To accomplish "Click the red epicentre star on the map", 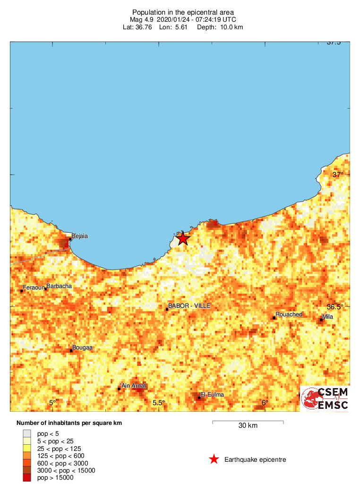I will (183, 239).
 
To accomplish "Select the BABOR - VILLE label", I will (189, 306).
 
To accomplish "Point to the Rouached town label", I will (289, 314).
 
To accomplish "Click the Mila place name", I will (327, 316).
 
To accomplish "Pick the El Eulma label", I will (212, 395).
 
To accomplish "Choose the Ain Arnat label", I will (134, 386).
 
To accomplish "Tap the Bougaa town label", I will (82, 347).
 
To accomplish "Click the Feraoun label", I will (34, 287).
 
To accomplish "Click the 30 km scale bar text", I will (248, 425).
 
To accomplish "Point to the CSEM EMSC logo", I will (326, 398).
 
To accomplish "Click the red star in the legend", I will (214, 459).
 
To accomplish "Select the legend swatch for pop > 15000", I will (27, 478).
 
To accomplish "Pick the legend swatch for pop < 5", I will (27, 433).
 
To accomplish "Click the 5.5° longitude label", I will (159, 403).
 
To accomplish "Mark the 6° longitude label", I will (265, 403).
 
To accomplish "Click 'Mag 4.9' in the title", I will (141, 19).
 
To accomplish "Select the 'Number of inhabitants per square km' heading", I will (69, 423).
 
